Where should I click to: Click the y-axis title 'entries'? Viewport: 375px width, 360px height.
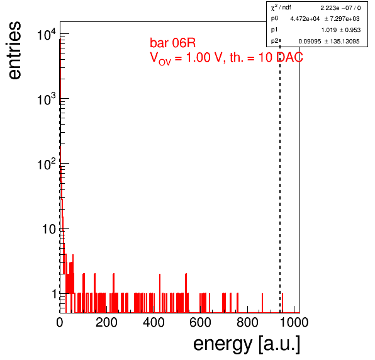15,50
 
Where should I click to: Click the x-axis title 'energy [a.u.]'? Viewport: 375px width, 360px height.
247,344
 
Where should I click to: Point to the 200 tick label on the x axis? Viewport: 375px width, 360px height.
106,322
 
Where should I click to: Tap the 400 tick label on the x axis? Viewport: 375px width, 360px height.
154,322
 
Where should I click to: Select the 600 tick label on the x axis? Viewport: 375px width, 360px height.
200,322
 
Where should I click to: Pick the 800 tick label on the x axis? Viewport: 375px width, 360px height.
247,322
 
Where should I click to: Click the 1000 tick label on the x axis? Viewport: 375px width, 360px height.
294,322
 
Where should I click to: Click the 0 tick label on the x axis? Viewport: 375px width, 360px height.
60,322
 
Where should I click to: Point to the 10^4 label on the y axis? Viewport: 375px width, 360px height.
47,35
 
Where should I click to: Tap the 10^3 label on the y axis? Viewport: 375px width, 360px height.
47,99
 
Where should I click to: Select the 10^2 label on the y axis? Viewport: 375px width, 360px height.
47,164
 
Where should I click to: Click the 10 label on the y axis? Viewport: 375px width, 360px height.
49,229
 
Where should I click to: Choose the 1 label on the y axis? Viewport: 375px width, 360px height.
54,294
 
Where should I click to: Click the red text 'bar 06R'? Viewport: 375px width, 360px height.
172,43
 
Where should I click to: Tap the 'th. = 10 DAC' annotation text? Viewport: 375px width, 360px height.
266,57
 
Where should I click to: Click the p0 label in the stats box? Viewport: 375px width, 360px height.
274,18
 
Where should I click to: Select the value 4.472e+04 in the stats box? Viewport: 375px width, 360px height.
305,19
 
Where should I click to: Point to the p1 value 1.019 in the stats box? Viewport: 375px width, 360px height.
329,30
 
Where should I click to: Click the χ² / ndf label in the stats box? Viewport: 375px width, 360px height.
281,8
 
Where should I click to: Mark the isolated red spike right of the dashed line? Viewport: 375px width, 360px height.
283,303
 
